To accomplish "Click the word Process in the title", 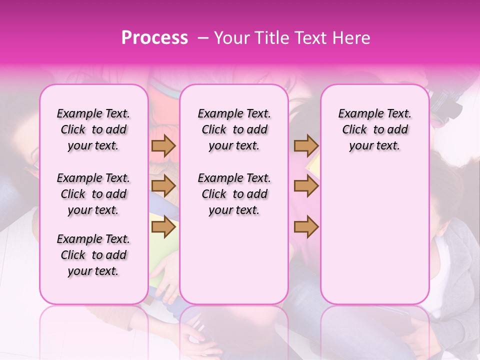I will (154, 38).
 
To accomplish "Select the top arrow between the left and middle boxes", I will (163, 145).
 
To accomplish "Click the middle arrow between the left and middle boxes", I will (163, 186).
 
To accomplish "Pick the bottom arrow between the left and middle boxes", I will (163, 227).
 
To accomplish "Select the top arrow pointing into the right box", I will (306, 145).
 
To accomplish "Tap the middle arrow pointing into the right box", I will (306, 186).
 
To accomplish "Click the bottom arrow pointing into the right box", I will (306, 227).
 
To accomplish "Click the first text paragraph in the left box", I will (93, 129).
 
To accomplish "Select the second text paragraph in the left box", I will (93, 194).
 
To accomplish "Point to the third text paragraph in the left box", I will (93, 255).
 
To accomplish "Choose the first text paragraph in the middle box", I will (234, 129).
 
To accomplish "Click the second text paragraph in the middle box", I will (234, 194).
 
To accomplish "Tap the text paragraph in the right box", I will (374, 129).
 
